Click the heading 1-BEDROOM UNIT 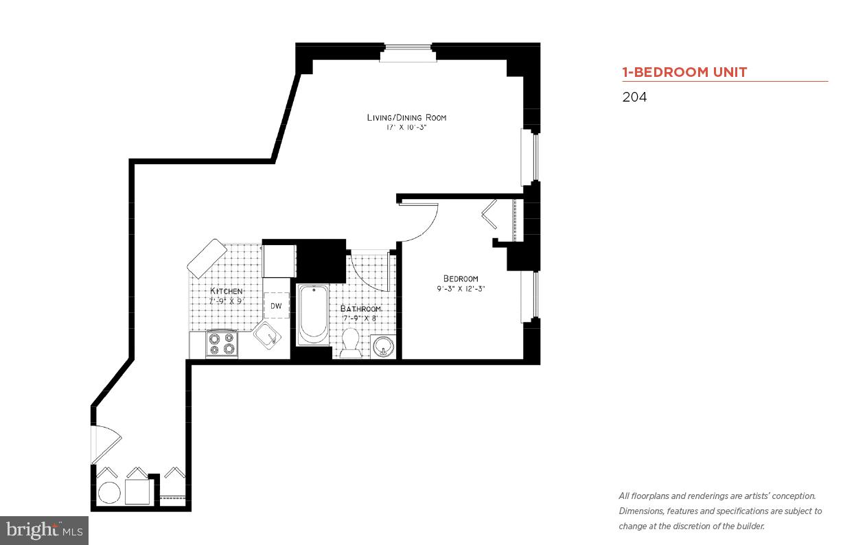[684, 72]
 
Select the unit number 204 [634, 97]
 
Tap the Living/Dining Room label [406, 117]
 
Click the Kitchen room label [226, 291]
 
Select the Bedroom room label [460, 278]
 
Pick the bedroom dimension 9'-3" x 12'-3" [460, 289]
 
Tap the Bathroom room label [360, 308]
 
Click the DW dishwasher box [276, 305]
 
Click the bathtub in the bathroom [313, 314]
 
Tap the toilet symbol [350, 343]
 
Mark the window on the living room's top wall [408, 53]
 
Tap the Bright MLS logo [45, 530]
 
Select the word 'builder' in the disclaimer [750, 526]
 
